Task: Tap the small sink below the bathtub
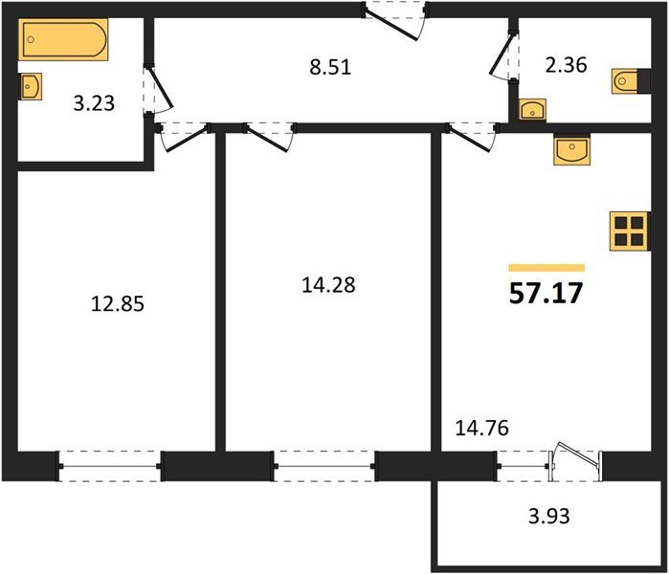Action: point(31,86)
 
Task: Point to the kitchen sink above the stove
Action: point(573,149)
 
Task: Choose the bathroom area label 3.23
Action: point(94,102)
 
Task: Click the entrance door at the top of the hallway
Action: point(393,19)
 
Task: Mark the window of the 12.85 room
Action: point(110,466)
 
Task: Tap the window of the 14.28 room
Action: point(324,466)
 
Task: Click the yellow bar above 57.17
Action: point(546,268)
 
